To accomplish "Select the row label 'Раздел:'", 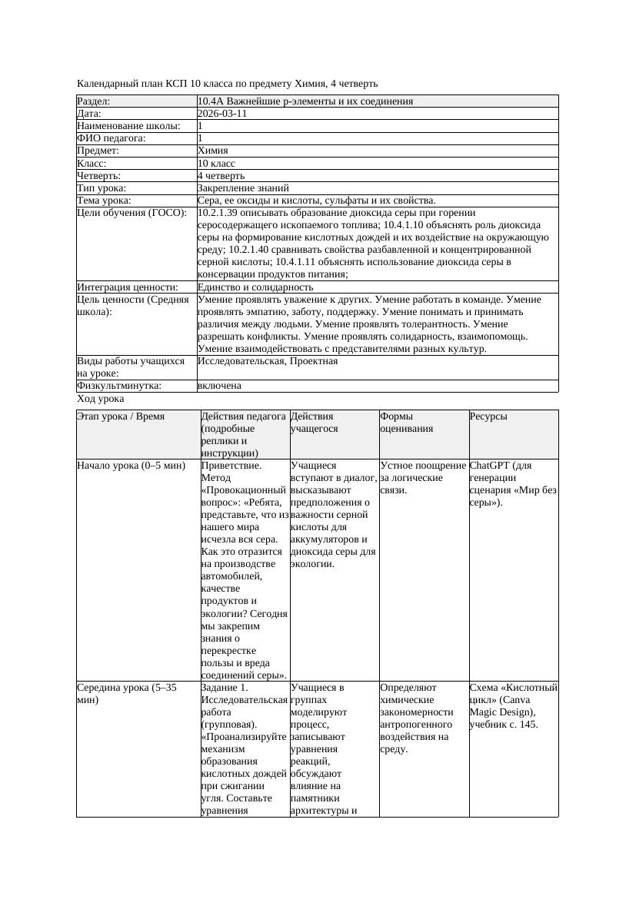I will tap(94, 101).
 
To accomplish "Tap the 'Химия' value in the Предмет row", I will tap(213, 151).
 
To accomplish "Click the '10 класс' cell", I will tap(217, 164).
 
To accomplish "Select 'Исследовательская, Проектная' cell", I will tap(268, 361).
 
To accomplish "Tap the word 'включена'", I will tap(219, 386).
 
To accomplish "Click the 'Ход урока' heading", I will tap(101, 399).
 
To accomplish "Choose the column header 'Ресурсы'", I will tap(488, 416).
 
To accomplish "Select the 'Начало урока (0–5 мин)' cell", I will tap(132, 466).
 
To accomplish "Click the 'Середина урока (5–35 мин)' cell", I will tap(128, 694).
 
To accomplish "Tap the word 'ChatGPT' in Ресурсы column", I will tap(490, 466).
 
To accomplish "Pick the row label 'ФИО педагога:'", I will tap(112, 138).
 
